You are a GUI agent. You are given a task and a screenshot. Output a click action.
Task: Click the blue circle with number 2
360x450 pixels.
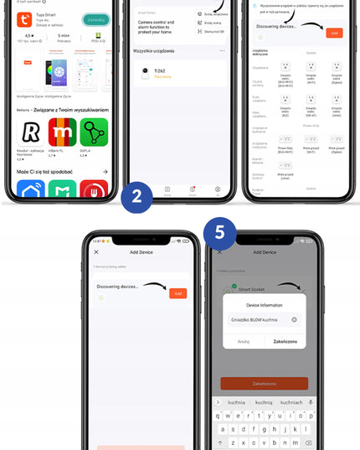(135, 199)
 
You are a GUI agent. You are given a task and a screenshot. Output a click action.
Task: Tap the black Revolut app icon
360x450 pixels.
(31, 133)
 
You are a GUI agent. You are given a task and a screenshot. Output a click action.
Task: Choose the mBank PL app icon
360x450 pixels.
(62, 133)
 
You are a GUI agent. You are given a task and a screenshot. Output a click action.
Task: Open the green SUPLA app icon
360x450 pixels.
(93, 133)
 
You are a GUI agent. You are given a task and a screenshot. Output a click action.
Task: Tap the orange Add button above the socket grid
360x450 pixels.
(333, 33)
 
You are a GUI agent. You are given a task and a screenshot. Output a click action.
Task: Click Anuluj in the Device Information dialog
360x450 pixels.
(244, 341)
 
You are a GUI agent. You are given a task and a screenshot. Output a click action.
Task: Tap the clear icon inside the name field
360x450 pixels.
(294, 319)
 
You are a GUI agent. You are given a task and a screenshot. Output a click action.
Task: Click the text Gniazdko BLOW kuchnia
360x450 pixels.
(255, 319)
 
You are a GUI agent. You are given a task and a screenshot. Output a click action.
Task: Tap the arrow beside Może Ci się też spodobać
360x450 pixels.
(105, 171)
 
